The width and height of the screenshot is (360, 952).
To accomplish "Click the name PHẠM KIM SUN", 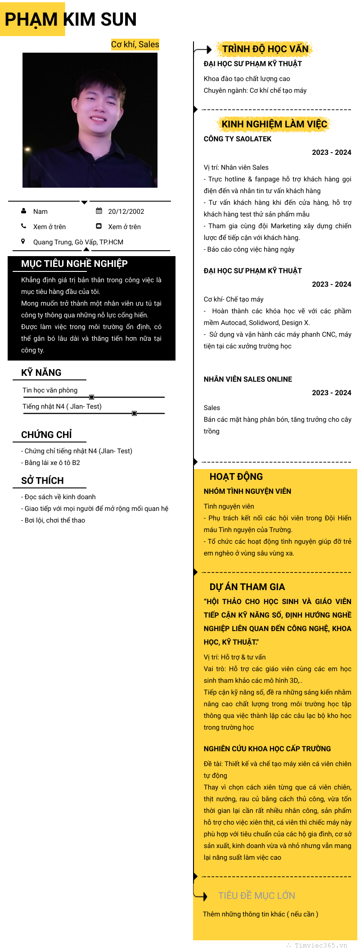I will click(71, 19).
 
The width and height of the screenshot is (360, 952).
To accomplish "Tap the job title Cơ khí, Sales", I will click(135, 44).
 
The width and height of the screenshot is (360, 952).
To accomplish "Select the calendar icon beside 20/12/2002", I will click(99, 211).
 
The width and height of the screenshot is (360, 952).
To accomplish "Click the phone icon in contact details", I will click(24, 226).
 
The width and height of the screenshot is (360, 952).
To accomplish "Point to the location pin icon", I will click(23, 241).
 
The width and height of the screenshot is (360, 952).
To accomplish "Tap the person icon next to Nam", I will click(24, 211).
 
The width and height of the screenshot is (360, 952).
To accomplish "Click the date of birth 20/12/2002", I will click(126, 212).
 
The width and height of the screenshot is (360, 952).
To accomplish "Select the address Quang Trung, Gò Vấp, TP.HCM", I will click(78, 242).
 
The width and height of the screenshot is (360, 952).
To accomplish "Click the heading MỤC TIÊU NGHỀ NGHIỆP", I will click(74, 264).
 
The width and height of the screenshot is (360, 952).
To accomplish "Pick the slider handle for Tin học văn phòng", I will click(92, 397).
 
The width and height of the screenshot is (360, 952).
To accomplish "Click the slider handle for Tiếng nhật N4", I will click(134, 413).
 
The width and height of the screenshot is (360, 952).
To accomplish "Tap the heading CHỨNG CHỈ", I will click(46, 435).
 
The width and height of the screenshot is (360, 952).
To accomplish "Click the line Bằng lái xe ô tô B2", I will click(52, 463).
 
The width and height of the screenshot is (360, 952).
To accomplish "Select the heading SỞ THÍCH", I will click(42, 481).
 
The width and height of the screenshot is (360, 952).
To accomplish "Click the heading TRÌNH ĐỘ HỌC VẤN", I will click(265, 49).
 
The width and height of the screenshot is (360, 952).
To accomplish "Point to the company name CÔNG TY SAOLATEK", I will click(238, 139).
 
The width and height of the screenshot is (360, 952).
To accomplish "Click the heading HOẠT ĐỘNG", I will click(236, 477).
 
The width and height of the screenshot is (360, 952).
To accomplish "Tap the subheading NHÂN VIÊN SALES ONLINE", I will click(248, 379).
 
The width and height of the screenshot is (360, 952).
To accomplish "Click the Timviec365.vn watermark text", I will click(320, 945).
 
